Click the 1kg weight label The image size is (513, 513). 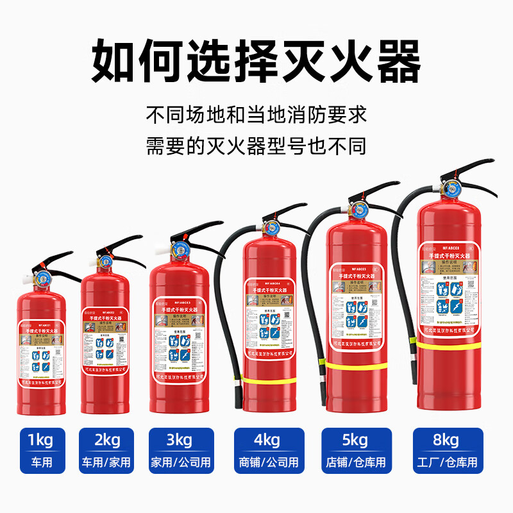point(42,441)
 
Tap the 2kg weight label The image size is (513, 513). point(106,441)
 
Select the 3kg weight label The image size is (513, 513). point(180,441)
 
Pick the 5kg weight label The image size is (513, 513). point(355,441)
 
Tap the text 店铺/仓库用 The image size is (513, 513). point(355,462)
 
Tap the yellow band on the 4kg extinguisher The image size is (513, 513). point(269,380)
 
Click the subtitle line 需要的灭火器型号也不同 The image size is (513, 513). point(256,146)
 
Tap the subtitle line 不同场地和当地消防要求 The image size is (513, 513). point(256,115)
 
